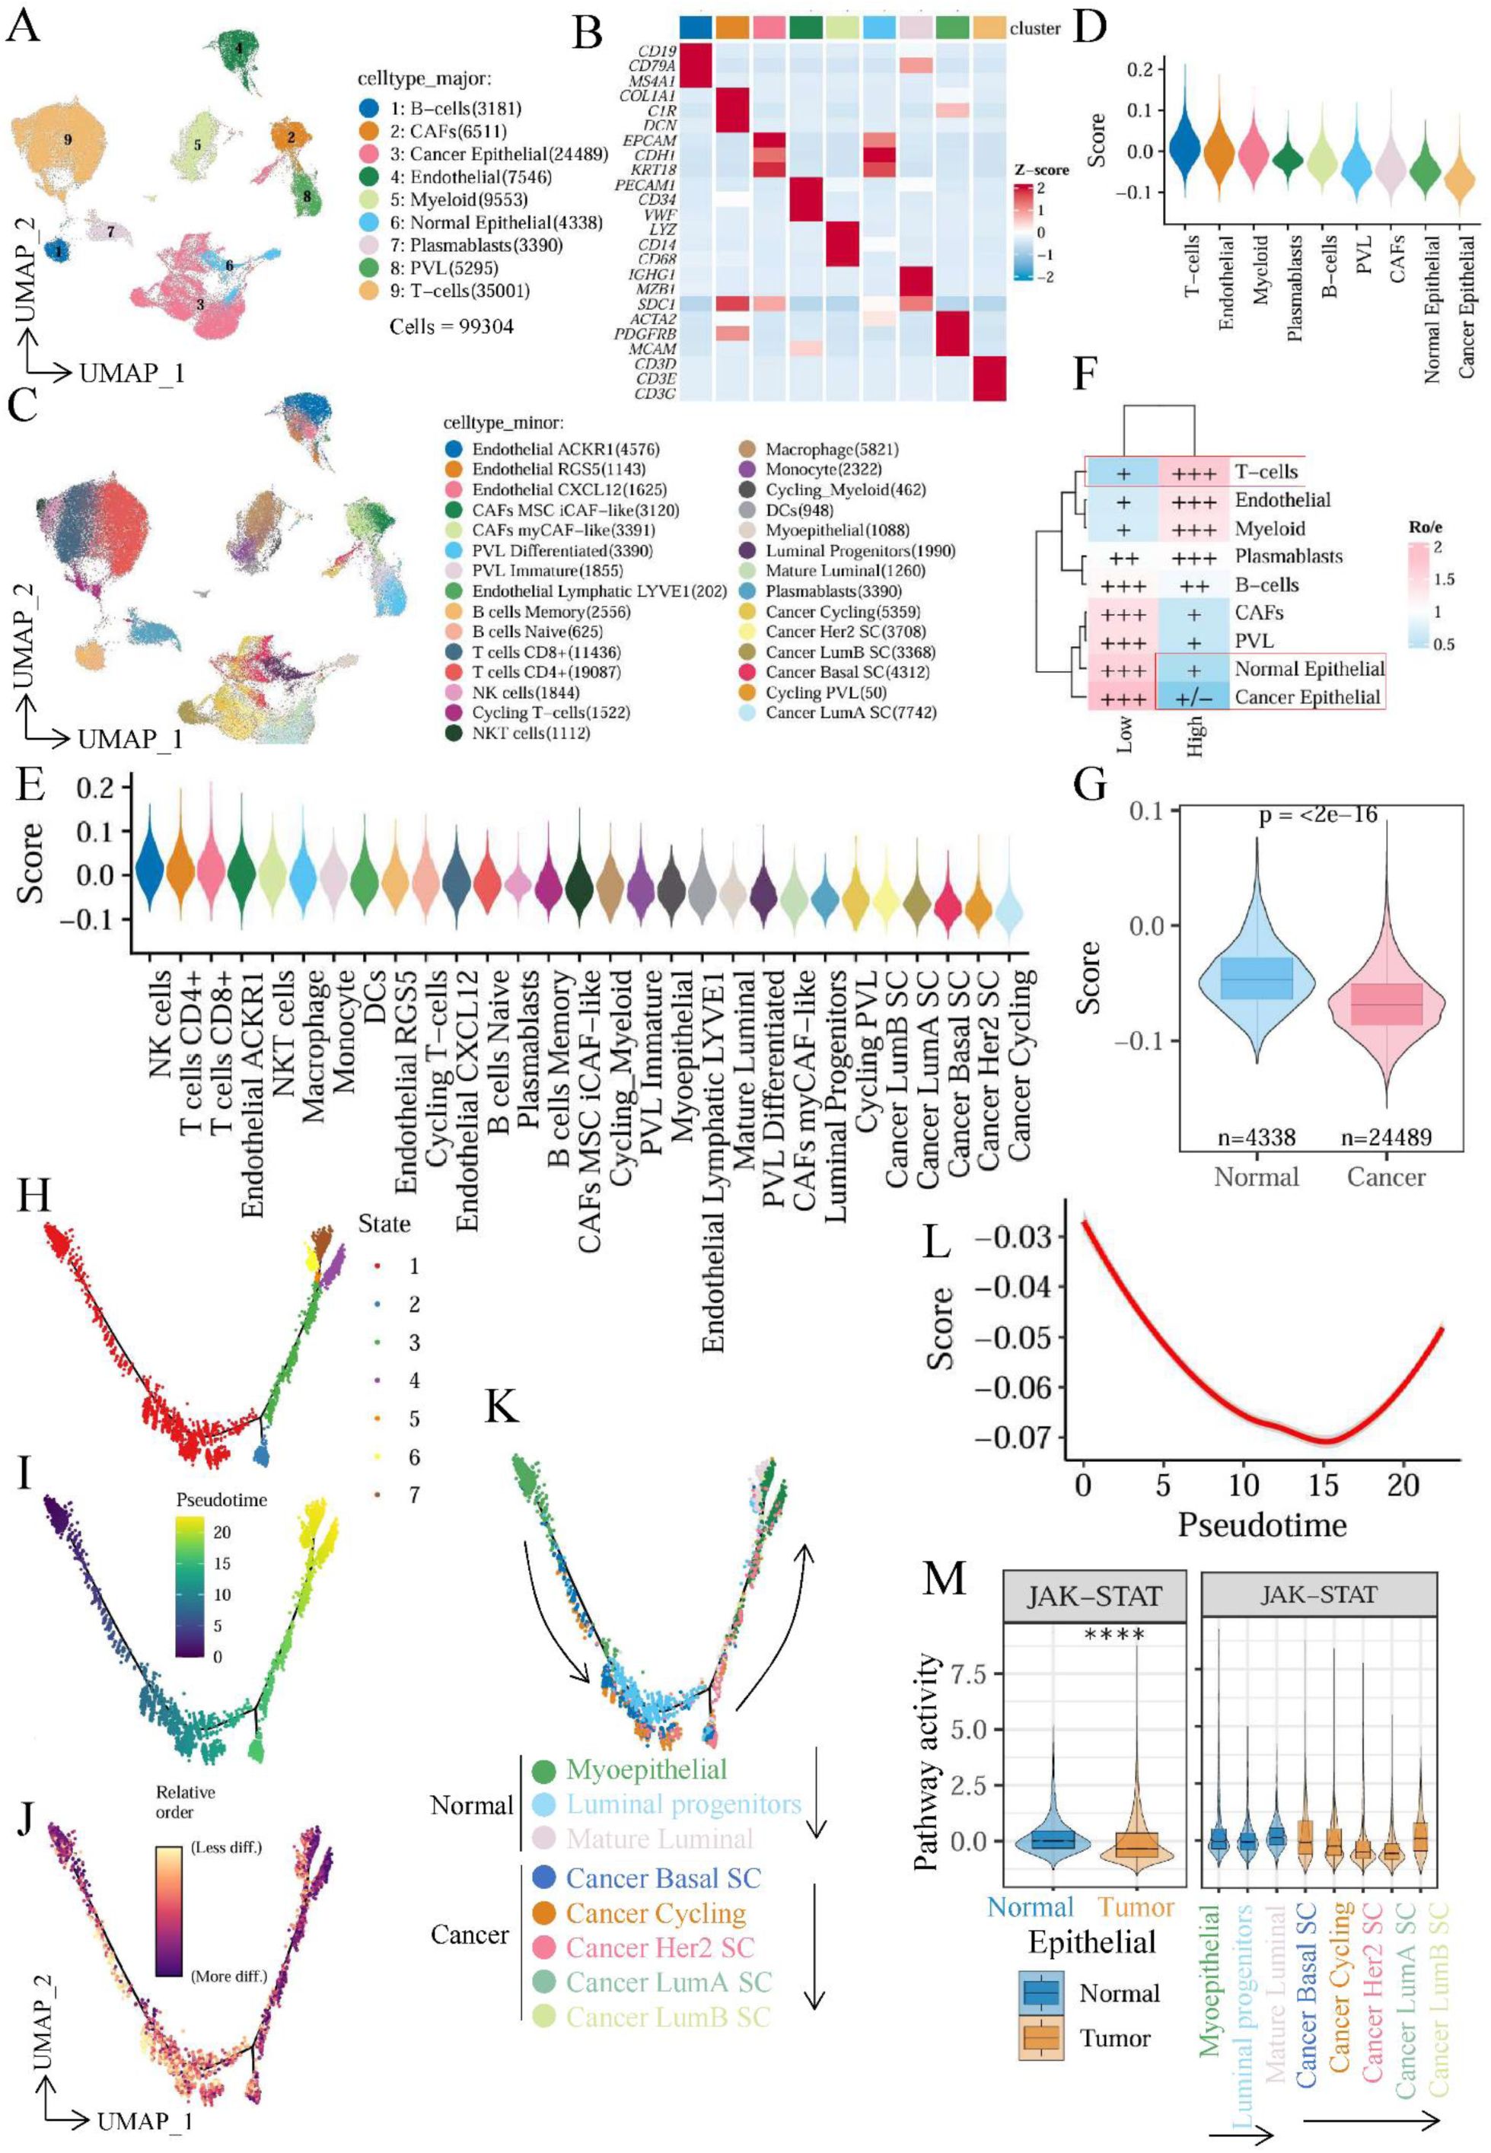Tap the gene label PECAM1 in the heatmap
pos(645,186)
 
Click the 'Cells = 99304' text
pos(451,326)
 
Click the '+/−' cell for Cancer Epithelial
pos(1193,697)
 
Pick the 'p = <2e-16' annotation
pos(1315,815)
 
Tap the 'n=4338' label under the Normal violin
pos(1257,1137)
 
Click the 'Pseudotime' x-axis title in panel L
pos(1261,1524)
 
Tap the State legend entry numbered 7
pos(414,1495)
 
